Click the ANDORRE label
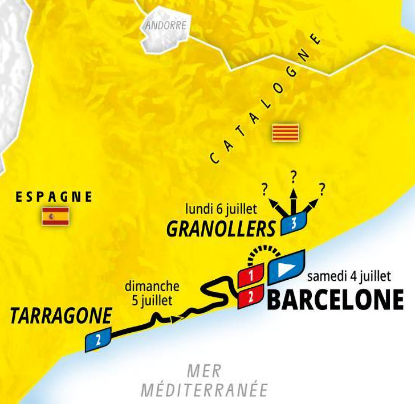click(x=166, y=26)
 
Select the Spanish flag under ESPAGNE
click(x=55, y=216)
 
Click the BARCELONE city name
click(x=335, y=299)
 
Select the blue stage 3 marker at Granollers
click(x=294, y=224)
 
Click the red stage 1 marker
click(x=250, y=276)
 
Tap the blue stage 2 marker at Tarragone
click(x=98, y=340)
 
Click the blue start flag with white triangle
click(x=287, y=267)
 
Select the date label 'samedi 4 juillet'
click(x=349, y=277)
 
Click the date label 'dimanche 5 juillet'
click(x=152, y=293)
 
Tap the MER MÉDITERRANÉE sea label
click(x=204, y=381)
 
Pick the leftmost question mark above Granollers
click(x=265, y=189)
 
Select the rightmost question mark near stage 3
click(x=322, y=188)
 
